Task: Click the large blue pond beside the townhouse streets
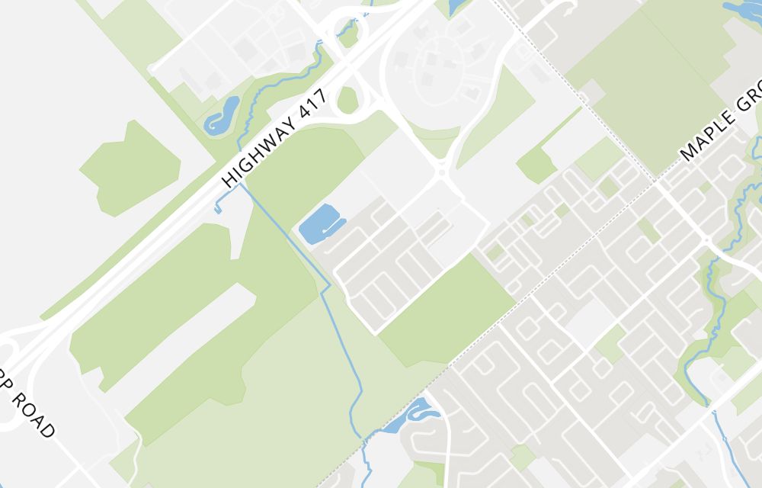(x=319, y=226)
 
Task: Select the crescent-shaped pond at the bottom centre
(x=414, y=414)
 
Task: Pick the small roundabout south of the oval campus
(x=441, y=174)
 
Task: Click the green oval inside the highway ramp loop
(x=347, y=100)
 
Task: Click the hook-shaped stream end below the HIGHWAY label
(x=219, y=207)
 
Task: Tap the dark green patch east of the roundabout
(x=536, y=165)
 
